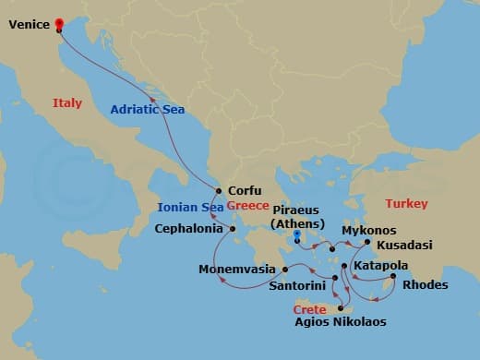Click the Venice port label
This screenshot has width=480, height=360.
[28, 26]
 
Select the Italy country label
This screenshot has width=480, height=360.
[67, 103]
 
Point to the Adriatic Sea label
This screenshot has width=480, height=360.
[147, 109]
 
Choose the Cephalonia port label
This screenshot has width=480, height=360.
[188, 228]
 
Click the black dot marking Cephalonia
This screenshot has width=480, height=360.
[232, 228]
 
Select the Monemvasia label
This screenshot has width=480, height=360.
[239, 270]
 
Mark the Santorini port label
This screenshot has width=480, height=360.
[295, 286]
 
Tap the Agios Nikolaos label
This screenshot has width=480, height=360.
[340, 322]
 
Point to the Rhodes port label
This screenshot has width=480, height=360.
[426, 284]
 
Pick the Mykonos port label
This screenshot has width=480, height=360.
[368, 230]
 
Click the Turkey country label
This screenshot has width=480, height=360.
[405, 203]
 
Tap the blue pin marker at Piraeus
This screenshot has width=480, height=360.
[297, 237]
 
